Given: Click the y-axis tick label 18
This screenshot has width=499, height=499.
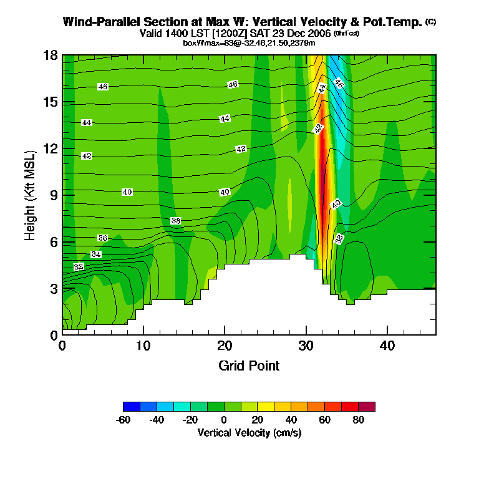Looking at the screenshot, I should (x=51, y=55).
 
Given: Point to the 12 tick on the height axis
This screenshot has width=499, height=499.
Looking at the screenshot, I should (x=51, y=148).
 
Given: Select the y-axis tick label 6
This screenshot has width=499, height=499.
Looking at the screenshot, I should (x=54, y=241).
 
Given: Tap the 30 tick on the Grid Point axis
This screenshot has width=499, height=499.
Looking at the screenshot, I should (x=306, y=345).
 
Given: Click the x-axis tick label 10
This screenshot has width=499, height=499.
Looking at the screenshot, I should (x=143, y=345).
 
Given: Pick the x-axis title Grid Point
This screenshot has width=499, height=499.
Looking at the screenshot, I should (x=249, y=366).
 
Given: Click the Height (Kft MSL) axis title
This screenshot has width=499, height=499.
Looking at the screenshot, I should (x=30, y=195).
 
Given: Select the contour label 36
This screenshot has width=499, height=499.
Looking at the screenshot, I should (x=103, y=238).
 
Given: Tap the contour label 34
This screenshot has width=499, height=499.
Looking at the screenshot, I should (x=96, y=254).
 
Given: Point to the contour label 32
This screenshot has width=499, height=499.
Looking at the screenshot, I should (x=79, y=266).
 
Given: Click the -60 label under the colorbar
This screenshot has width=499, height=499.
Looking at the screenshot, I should (x=123, y=420).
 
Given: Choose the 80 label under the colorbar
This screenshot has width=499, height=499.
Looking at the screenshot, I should (x=358, y=420).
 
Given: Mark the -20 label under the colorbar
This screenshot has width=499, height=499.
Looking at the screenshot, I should (x=190, y=420).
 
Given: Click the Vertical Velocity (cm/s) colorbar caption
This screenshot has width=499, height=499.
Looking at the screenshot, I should (x=249, y=432).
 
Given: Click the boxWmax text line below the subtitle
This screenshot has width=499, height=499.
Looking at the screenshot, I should (x=249, y=42).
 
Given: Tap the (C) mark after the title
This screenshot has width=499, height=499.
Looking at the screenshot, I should (x=430, y=22).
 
